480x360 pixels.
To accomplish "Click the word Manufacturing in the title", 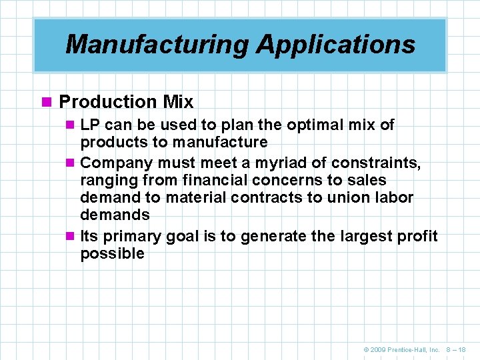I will [x=157, y=45].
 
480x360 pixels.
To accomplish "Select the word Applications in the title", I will [x=335, y=45].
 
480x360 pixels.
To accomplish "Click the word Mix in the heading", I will [x=178, y=102].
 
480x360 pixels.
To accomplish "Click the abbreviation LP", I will [x=90, y=125].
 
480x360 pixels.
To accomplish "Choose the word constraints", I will [x=376, y=163].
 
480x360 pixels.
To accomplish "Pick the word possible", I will [x=112, y=253].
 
